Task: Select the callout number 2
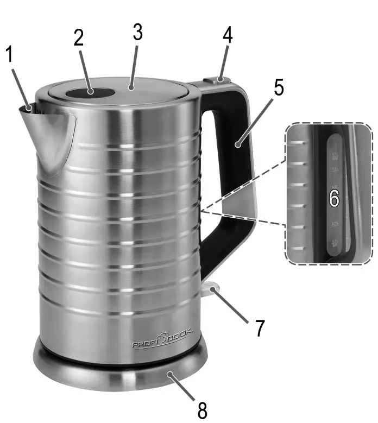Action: coord(79,39)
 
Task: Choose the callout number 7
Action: coord(260,327)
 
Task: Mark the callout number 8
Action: coord(202,410)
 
